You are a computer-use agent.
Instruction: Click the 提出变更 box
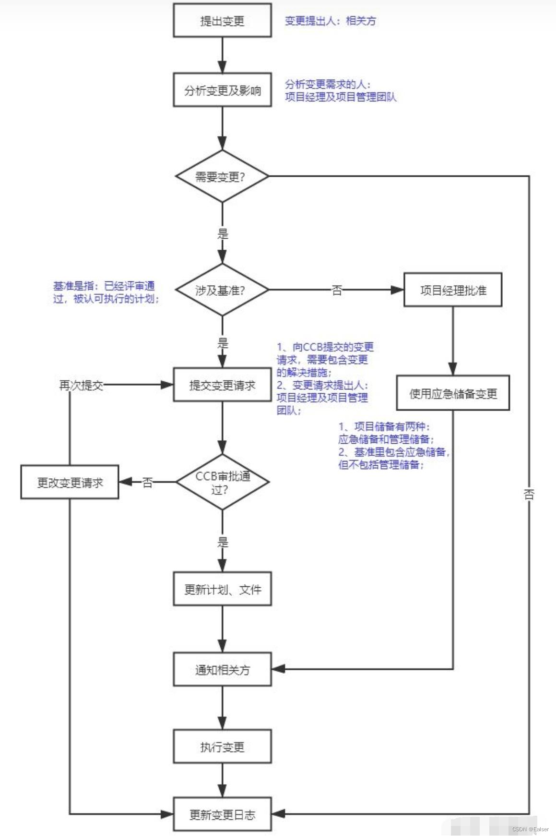click(222, 21)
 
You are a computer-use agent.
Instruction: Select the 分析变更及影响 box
click(222, 90)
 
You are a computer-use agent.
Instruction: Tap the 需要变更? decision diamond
click(222, 176)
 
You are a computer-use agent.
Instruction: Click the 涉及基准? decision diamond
click(222, 290)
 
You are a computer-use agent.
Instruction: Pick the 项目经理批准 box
click(453, 290)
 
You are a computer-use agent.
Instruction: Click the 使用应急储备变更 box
click(453, 394)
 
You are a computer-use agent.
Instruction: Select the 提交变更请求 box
click(222, 385)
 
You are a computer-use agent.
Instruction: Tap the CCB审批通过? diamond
click(222, 482)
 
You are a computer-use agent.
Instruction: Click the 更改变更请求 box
click(70, 482)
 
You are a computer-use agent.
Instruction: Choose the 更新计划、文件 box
click(222, 589)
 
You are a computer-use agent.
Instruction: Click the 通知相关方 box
click(222, 669)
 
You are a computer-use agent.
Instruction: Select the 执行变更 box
click(222, 747)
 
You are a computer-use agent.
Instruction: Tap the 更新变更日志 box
click(222, 814)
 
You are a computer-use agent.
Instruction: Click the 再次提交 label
click(81, 385)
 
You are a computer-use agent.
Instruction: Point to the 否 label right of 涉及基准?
click(337, 290)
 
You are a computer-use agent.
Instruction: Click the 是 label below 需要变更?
click(223, 234)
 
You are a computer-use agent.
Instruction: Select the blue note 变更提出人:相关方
click(330, 21)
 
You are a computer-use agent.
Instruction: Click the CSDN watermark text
click(530, 829)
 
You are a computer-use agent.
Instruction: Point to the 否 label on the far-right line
click(529, 494)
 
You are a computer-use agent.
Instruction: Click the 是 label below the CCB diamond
click(223, 543)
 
